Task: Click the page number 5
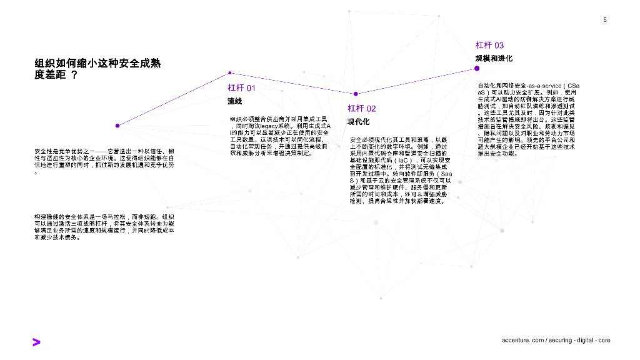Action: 605,20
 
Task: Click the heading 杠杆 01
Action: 241,88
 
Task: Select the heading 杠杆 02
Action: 362,109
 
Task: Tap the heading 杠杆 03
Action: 489,45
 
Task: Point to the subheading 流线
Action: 234,101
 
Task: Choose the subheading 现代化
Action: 359,122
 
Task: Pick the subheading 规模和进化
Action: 494,58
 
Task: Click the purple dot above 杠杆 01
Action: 230,73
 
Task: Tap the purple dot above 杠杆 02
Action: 356,94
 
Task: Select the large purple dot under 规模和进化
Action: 477,69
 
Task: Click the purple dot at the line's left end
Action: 117,125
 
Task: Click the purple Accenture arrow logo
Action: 36,341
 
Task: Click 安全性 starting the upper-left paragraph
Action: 43,151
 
